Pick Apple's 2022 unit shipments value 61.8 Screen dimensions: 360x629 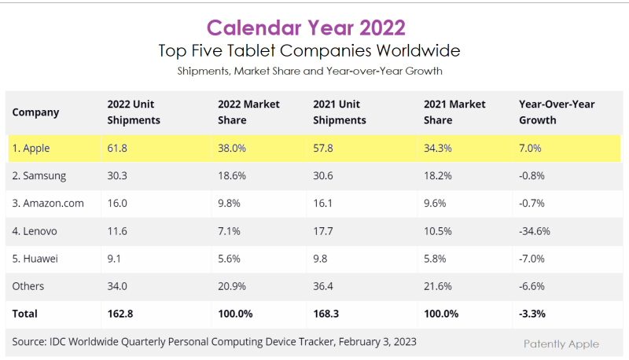[x=117, y=148]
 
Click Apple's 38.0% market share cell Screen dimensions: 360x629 [x=232, y=148]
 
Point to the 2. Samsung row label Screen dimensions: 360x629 [x=39, y=176]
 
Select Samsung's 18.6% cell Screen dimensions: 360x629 [x=232, y=176]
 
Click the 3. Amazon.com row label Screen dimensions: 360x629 [x=48, y=204]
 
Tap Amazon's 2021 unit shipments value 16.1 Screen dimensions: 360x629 [x=323, y=204]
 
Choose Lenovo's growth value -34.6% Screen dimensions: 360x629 [x=535, y=231]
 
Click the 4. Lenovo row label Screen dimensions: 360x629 [x=35, y=231]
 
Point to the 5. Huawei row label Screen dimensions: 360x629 [x=36, y=259]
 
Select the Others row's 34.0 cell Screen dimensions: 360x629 [x=117, y=286]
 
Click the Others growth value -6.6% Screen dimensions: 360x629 [x=532, y=286]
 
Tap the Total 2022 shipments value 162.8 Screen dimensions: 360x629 [x=121, y=314]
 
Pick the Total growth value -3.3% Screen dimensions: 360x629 [x=532, y=314]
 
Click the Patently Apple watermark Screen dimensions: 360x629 [x=561, y=343]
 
